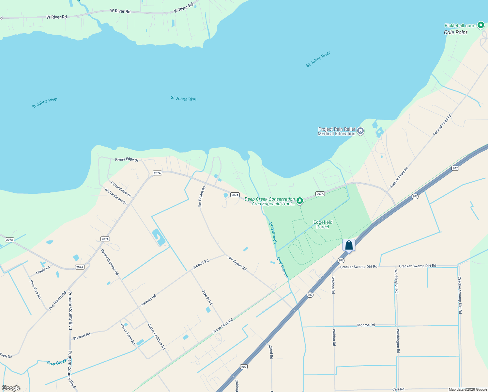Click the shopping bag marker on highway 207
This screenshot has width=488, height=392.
click(349, 245)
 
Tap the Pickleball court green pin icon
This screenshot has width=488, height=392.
click(480, 25)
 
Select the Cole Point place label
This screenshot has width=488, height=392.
click(455, 32)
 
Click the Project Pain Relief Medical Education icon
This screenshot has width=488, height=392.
click(360, 131)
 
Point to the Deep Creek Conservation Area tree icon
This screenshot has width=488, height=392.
click(299, 201)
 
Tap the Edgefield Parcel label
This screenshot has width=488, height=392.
click(323, 224)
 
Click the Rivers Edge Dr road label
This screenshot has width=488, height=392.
click(127, 160)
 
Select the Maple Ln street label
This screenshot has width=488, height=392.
click(43, 270)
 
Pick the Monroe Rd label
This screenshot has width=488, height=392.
click(366, 325)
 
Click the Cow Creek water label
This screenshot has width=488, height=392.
click(57, 363)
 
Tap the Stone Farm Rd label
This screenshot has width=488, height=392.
click(223, 326)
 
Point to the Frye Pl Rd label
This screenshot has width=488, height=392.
click(207, 298)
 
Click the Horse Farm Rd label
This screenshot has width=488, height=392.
click(128, 334)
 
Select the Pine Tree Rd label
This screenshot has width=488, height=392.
click(36, 289)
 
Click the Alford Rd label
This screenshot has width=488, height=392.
click(270, 351)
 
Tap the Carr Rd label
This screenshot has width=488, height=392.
click(398, 389)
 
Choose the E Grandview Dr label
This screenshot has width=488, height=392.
click(121, 189)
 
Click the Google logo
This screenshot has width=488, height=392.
click(11, 388)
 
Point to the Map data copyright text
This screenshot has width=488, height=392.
click(468, 389)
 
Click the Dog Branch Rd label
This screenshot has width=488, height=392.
click(57, 301)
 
